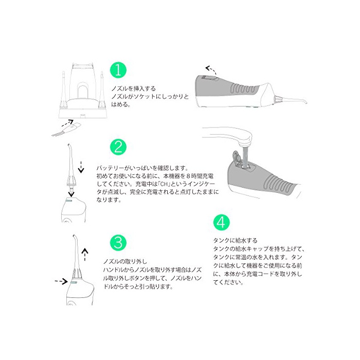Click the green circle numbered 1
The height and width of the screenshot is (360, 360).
pos(118,70)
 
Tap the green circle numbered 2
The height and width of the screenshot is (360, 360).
pos(118,147)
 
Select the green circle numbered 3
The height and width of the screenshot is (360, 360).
pos(118,243)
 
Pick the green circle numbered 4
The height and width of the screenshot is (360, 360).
pos(221,223)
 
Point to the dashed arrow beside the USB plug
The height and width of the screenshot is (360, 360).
pos(67,123)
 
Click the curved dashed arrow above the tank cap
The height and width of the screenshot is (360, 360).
pos(211,70)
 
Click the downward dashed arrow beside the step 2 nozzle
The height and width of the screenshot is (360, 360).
pos(81,167)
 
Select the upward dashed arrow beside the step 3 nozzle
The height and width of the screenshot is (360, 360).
pos(85,255)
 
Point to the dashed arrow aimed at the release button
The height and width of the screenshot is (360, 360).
pos(61,281)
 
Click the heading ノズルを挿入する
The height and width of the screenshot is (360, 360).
pos(134,88)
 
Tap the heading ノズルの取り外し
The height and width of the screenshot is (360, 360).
pos(125,261)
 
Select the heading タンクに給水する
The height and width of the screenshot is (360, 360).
pos(236,240)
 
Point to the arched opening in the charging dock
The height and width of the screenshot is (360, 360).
pos(83,92)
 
